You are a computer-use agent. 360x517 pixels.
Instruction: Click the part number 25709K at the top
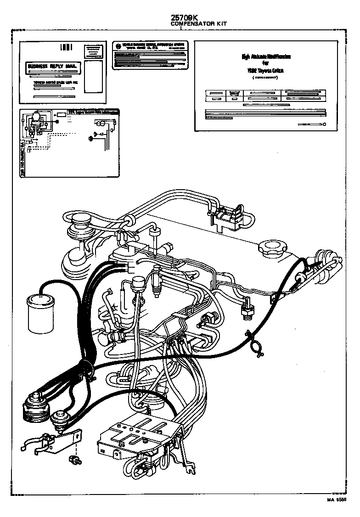(184, 17)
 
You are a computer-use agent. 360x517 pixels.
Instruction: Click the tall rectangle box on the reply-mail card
(94, 75)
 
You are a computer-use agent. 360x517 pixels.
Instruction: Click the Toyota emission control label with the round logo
(150, 55)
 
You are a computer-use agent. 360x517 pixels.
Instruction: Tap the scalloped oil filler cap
(270, 250)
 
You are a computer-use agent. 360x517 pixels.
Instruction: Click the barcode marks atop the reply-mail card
(67, 47)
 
